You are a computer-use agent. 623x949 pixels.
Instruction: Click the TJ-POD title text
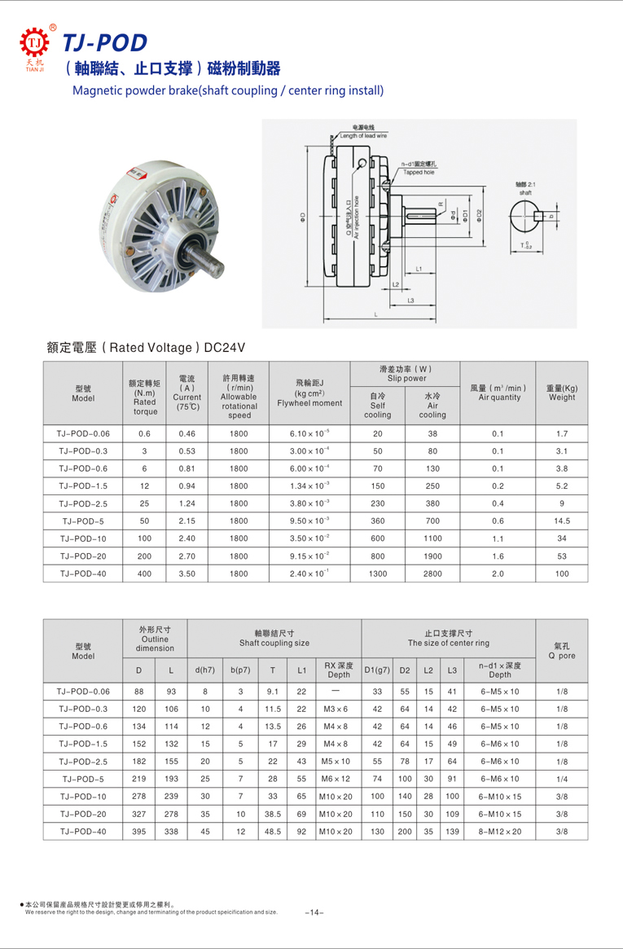[x=105, y=42]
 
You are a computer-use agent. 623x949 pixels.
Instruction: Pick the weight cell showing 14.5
[x=562, y=521]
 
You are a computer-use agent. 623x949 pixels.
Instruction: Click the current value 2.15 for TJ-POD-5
[x=186, y=521]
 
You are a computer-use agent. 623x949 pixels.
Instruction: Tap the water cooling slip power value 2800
[x=432, y=573]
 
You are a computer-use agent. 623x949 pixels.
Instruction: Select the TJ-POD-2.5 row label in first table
[x=83, y=503]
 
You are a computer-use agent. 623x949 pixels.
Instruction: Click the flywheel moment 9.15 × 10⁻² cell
[x=309, y=556]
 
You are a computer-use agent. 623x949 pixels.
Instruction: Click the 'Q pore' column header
[x=562, y=648]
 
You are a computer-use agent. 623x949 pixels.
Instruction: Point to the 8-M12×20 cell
[x=500, y=831]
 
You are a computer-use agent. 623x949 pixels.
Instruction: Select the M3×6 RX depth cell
[x=336, y=709]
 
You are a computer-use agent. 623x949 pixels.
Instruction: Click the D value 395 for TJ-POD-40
[x=138, y=831]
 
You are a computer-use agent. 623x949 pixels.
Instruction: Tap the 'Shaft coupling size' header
[x=274, y=638]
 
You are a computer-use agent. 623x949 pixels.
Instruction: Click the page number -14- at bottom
[x=314, y=912]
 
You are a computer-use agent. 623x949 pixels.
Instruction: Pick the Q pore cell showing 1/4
[x=562, y=779]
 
